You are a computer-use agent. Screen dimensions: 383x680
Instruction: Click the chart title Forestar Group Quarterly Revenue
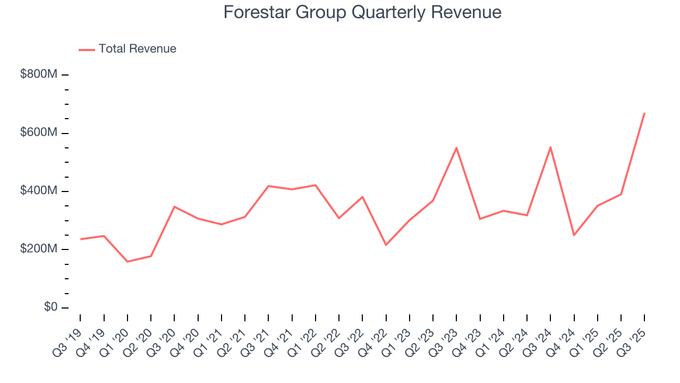(x=362, y=12)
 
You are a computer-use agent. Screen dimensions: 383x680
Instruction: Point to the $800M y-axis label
(x=38, y=74)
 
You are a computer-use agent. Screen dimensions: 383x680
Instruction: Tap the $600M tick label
(x=38, y=133)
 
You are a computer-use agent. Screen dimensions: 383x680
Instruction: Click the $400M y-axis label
(x=38, y=191)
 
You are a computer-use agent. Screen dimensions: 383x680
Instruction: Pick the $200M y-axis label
(x=38, y=249)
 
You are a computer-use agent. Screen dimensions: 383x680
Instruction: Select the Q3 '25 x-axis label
(x=633, y=342)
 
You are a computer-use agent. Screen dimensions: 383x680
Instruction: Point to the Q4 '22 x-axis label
(x=374, y=342)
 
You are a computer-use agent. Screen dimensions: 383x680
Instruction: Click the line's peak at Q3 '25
(x=644, y=113)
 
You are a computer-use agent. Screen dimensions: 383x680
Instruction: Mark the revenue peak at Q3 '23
(x=456, y=147)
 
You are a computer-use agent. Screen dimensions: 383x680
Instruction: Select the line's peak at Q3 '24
(x=550, y=147)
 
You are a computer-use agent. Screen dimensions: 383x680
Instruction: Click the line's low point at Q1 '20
(x=127, y=262)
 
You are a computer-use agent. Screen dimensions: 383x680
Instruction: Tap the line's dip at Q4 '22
(x=386, y=245)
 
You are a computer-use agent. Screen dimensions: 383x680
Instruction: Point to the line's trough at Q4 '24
(x=574, y=235)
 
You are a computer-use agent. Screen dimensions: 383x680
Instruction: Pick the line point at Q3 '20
(x=174, y=206)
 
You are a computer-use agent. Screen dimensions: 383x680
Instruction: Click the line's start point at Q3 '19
(x=80, y=239)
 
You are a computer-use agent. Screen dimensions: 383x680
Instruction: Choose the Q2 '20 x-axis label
(x=139, y=342)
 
